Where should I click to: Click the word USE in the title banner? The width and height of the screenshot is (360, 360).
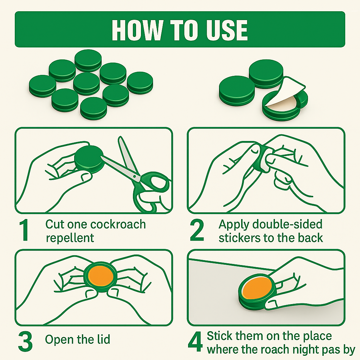pyautogui.click(x=227, y=30)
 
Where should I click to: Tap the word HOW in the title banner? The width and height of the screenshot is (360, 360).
pyautogui.click(x=137, y=30)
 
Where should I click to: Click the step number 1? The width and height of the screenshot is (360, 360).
pyautogui.click(x=24, y=230)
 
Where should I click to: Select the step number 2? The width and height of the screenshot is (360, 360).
pyautogui.click(x=197, y=230)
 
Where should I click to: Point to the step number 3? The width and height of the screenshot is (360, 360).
pyautogui.click(x=25, y=341)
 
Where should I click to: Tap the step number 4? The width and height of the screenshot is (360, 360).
pyautogui.click(x=195, y=341)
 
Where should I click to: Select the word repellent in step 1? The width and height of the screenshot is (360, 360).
pyautogui.click(x=70, y=238)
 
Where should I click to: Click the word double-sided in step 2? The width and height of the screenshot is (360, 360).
pyautogui.click(x=287, y=224)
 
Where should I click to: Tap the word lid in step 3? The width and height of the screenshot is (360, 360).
pyautogui.click(x=103, y=339)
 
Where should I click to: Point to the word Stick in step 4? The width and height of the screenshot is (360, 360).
pyautogui.click(x=219, y=336)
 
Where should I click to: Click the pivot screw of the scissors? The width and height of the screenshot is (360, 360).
pyautogui.click(x=134, y=176)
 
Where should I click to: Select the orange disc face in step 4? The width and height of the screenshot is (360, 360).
pyautogui.click(x=257, y=288)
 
